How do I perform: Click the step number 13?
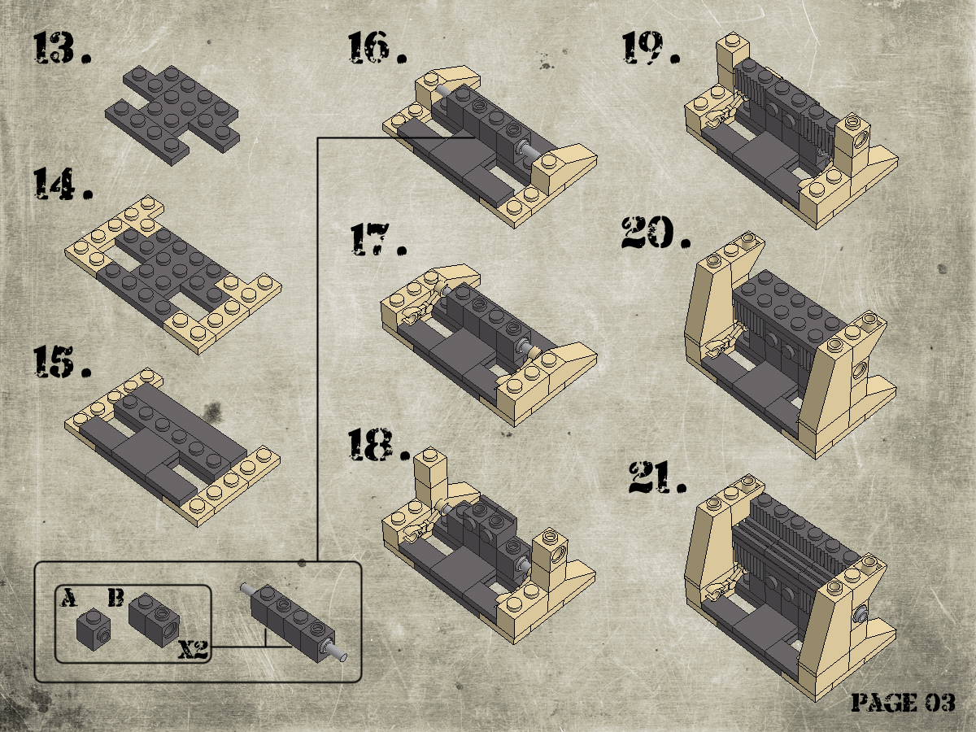pyautogui.click(x=63, y=47)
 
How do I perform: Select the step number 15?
pyautogui.click(x=63, y=362)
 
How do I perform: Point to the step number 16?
pyautogui.click(x=377, y=47)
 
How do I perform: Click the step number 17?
pyautogui.click(x=378, y=239)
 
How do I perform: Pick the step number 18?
pyautogui.click(x=379, y=444)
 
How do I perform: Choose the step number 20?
pyautogui.click(x=656, y=233)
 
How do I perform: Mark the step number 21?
pyautogui.click(x=658, y=477)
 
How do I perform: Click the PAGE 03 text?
pyautogui.click(x=904, y=703)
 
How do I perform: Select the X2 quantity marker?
pyautogui.click(x=193, y=649)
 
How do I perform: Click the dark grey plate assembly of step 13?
pyautogui.click(x=172, y=115)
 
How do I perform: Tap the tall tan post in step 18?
pyautogui.click(x=430, y=476)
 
